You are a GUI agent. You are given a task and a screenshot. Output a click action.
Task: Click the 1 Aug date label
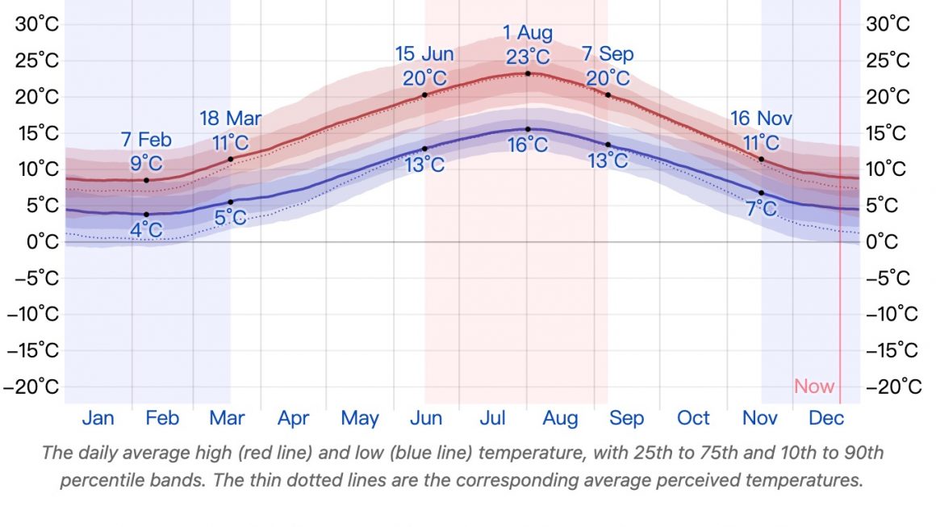(528, 33)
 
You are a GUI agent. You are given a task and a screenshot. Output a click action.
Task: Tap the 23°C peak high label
(528, 57)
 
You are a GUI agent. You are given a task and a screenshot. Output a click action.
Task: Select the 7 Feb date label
(146, 140)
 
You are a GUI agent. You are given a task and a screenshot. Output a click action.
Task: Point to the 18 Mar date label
(230, 119)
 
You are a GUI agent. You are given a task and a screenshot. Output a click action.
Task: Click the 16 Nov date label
(761, 119)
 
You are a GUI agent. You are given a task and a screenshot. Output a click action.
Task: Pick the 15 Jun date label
(424, 54)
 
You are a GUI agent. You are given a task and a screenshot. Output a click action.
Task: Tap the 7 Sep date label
(608, 54)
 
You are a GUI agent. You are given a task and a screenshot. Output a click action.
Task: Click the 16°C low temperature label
(528, 145)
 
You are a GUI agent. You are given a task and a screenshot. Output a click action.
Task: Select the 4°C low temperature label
(146, 230)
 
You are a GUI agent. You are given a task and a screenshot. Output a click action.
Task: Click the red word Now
(814, 387)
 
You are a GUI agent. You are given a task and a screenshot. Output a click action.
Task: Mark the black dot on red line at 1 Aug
(528, 73)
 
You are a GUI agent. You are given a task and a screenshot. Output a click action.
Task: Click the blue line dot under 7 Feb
(146, 214)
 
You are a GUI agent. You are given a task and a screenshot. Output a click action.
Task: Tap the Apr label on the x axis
(294, 418)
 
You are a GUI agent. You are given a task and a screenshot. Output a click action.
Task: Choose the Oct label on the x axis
(693, 418)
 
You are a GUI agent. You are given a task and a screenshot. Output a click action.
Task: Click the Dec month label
(826, 418)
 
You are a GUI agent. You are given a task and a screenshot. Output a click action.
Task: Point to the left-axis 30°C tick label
(37, 24)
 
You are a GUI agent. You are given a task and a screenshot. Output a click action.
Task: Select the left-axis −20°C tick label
(31, 387)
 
